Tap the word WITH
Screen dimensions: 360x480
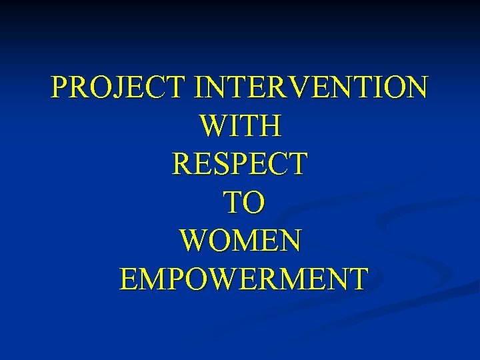pos(240,125)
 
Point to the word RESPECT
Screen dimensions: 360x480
pos(240,164)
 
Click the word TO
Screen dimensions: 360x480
pos(240,202)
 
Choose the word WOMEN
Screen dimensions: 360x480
pos(240,240)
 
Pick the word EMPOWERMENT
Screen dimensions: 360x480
pos(243,279)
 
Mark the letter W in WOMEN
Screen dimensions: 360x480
pos(196,240)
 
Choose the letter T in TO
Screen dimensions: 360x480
pos(227,202)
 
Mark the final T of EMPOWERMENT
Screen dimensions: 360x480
pos(355,279)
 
